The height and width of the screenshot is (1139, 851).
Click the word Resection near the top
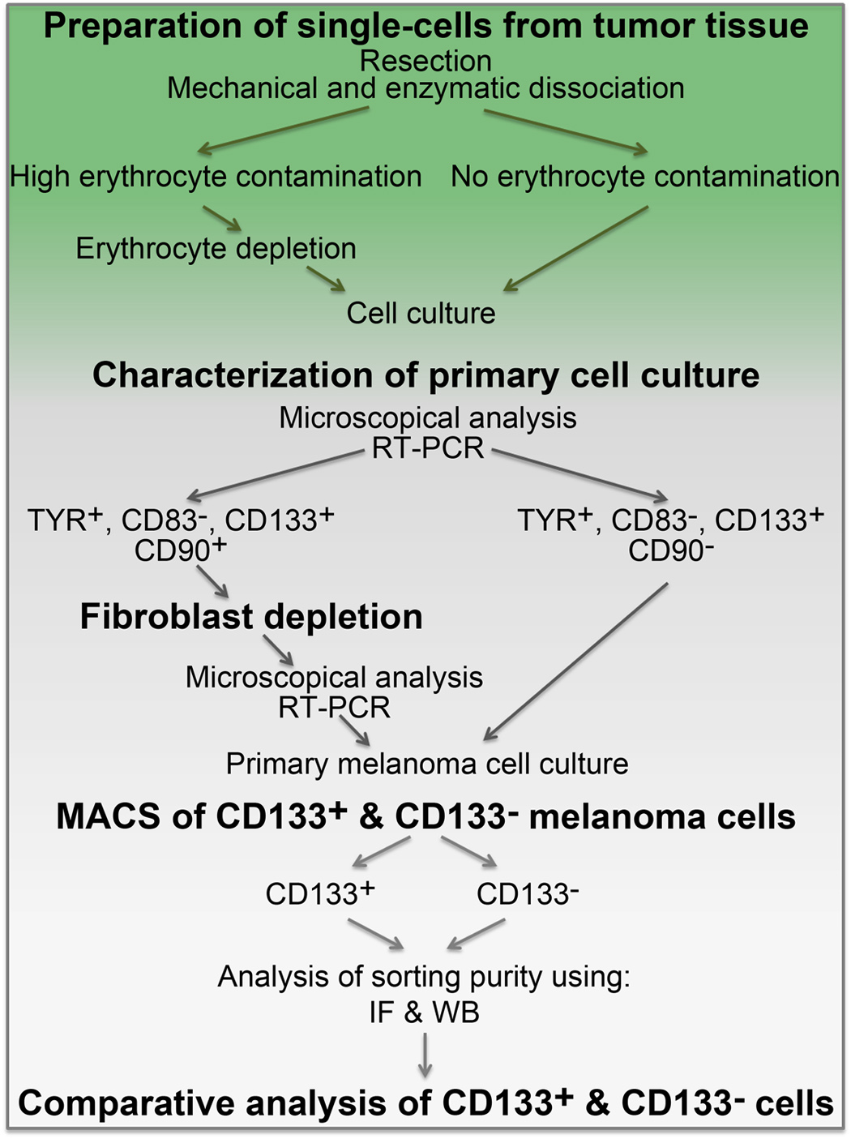[425, 62]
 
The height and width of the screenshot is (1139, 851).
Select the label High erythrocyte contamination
[216, 177]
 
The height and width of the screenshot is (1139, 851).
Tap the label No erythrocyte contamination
[645, 177]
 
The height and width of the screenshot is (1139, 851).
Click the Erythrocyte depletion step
[216, 249]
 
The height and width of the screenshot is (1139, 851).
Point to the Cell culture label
[421, 314]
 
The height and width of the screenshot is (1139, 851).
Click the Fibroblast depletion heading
[251, 617]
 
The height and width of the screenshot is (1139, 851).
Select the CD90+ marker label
[181, 550]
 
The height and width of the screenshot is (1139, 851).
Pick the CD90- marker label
[671, 550]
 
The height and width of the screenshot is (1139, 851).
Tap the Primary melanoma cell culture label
[427, 764]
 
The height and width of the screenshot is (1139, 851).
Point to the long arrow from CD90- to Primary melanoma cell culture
[575, 661]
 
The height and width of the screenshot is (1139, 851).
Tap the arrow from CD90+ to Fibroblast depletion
[212, 582]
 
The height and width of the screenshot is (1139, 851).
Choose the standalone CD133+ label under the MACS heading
[320, 893]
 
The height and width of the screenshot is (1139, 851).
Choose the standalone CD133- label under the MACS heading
[528, 893]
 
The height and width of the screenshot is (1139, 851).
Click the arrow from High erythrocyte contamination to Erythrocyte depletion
[222, 218]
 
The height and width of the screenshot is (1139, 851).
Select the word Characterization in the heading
[233, 375]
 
